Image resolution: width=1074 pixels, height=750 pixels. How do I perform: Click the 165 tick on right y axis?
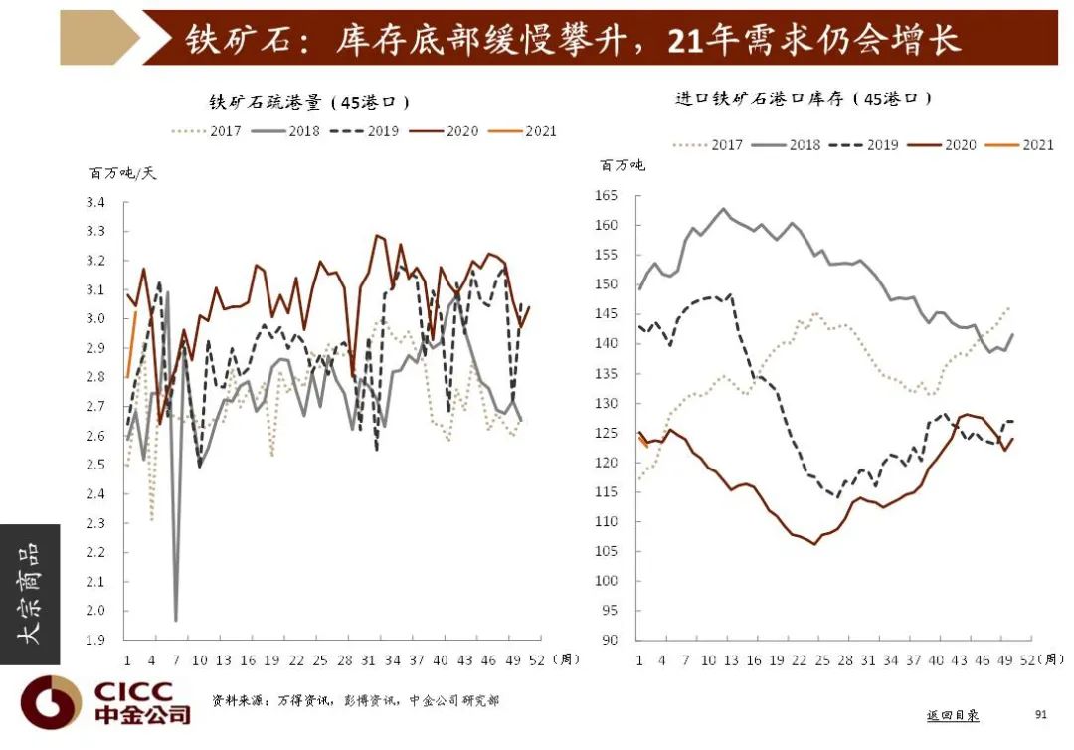[607, 196]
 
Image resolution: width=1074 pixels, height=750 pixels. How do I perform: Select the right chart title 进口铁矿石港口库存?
[804, 98]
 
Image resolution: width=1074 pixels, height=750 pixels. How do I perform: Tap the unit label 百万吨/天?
[123, 172]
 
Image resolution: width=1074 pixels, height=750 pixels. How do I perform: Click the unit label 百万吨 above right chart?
[622, 164]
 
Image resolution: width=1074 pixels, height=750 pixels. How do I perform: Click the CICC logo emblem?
[51, 701]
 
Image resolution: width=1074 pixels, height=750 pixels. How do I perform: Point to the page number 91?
[1041, 714]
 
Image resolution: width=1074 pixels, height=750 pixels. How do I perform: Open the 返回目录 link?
[952, 715]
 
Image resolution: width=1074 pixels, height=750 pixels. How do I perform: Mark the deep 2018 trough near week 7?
[176, 620]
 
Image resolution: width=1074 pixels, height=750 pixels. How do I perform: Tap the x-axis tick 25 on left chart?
[320, 659]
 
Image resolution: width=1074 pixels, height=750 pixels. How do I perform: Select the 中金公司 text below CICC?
[141, 714]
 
